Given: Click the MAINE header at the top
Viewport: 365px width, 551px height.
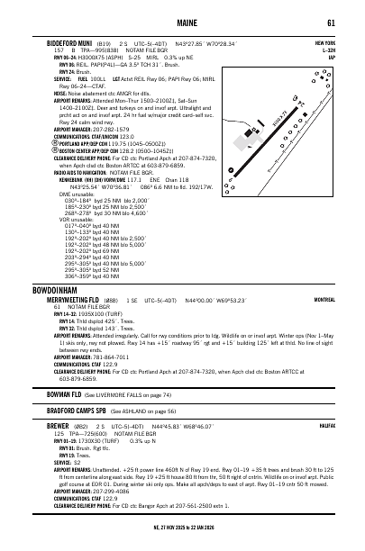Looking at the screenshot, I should pos(181,23).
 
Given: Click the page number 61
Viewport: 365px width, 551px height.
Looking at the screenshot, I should pos(332,23).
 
